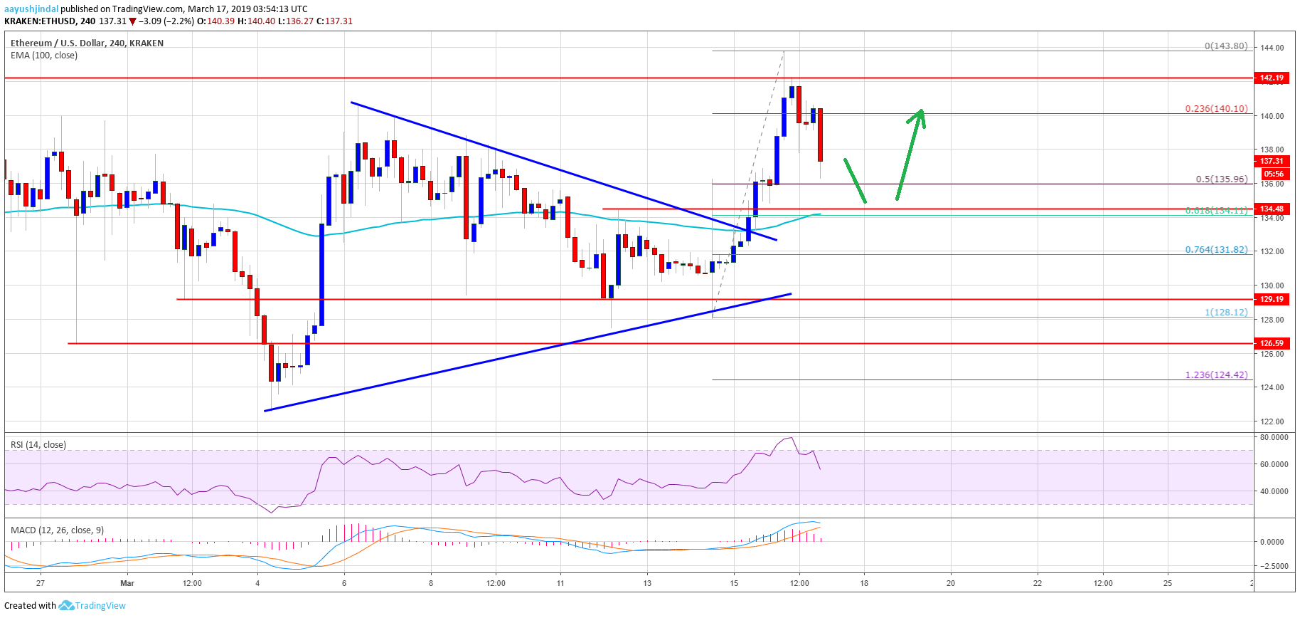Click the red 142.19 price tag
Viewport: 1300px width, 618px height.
pos(1272,78)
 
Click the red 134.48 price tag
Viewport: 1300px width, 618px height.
pos(1272,209)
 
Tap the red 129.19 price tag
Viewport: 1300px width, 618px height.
pos(1272,299)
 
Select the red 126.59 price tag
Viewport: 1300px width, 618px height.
pos(1272,343)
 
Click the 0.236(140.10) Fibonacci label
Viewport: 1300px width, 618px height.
pos(1215,109)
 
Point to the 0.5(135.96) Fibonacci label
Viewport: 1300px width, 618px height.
pos(1221,179)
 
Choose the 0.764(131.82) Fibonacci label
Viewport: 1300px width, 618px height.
pos(1215,250)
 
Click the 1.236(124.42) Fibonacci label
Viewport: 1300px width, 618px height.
pos(1215,375)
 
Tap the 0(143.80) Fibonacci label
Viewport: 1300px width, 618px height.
pos(1225,46)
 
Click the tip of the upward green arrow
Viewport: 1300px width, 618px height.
pos(922,110)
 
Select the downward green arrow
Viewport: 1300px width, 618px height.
pos(855,181)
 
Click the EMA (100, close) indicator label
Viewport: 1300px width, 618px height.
pos(44,56)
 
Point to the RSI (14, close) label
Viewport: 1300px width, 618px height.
pos(38,445)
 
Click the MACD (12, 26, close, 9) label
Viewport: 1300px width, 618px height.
pos(57,530)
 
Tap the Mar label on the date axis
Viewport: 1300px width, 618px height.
pos(127,583)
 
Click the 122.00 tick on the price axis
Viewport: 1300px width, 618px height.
pos(1272,421)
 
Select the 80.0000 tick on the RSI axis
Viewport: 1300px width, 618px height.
pos(1273,438)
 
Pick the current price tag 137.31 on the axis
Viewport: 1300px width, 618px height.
pos(1272,161)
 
